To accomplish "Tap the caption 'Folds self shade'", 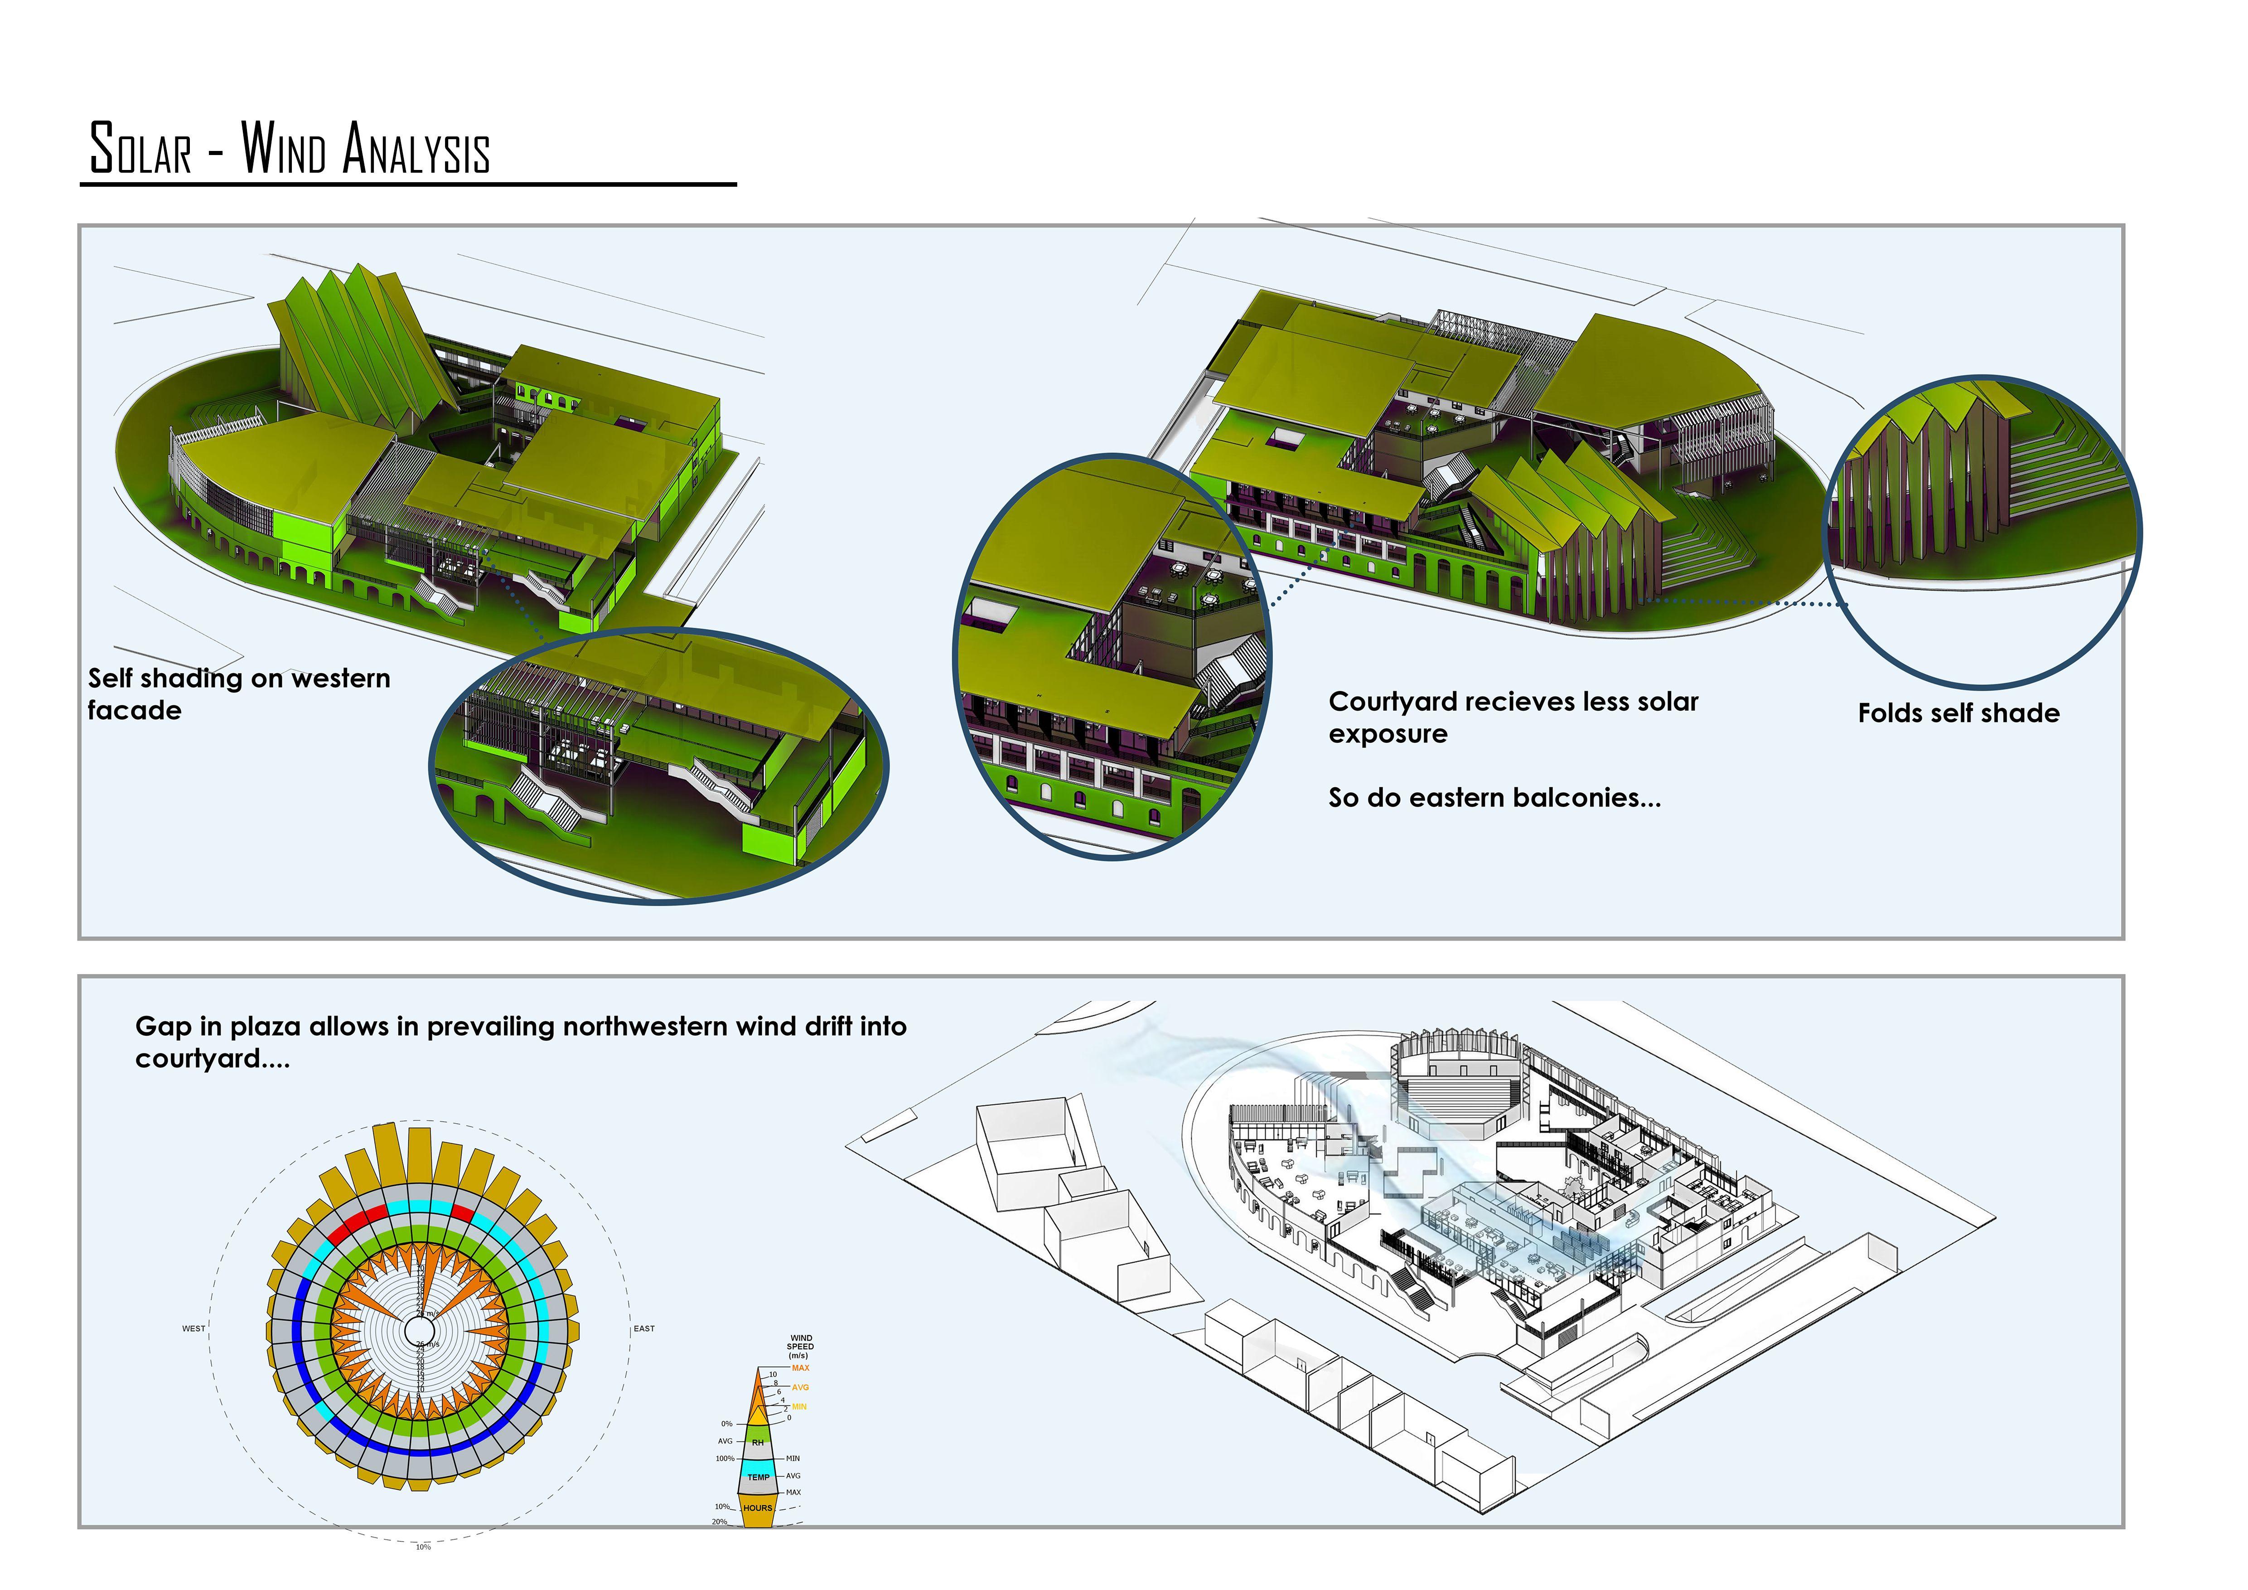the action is tap(1958, 713).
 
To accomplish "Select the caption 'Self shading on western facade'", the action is tap(238, 693).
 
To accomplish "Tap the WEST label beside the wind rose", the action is tap(194, 1328).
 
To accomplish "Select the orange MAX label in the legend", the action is tap(800, 1368).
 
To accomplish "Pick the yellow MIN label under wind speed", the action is tap(799, 1407).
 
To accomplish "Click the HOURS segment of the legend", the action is tap(757, 1508).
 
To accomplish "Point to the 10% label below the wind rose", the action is tap(423, 1547).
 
